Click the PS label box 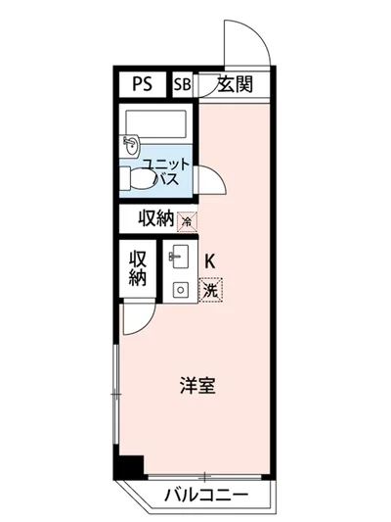click(143, 85)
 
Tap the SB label click(183, 85)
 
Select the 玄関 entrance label click(235, 85)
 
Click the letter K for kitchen click(210, 261)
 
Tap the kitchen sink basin click(179, 259)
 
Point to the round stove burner click(179, 289)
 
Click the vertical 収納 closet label click(138, 266)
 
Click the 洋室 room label click(195, 386)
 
